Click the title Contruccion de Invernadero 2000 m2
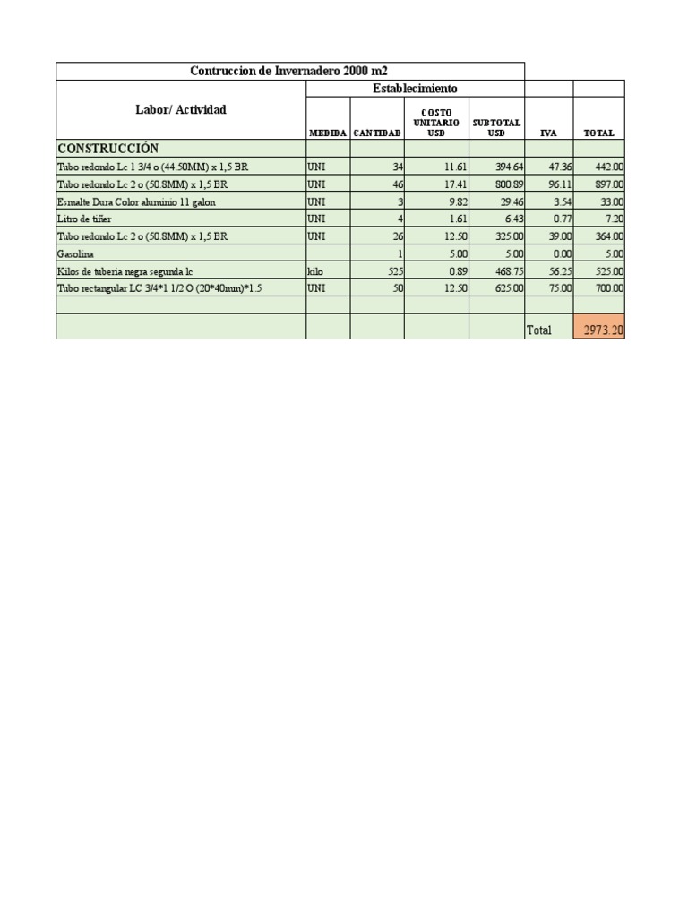click(289, 71)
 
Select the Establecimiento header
click(415, 89)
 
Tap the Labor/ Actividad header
click(181, 110)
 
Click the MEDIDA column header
click(328, 133)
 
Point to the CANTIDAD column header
click(377, 133)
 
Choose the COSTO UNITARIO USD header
click(436, 123)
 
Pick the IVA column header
click(548, 133)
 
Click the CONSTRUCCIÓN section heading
click(108, 148)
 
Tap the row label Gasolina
click(75, 253)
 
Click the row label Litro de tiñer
click(84, 219)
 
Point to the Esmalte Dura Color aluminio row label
click(136, 201)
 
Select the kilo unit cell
click(315, 270)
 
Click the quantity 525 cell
click(393, 270)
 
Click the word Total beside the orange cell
click(539, 330)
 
